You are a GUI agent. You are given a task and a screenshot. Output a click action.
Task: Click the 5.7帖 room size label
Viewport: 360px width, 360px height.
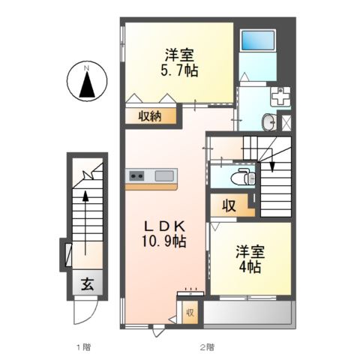point(179,71)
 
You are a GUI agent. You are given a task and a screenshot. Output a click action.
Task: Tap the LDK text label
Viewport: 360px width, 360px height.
point(165,226)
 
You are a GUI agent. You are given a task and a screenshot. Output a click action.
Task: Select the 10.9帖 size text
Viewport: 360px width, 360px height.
point(164,241)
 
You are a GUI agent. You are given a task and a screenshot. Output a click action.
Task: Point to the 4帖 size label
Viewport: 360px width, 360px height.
point(250,267)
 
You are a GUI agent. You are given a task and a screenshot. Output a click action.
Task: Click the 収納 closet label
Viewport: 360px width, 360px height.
point(150,116)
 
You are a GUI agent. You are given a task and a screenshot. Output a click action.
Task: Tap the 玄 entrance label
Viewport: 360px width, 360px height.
point(88,284)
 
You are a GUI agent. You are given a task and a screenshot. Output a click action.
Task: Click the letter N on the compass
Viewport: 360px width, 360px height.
point(86,67)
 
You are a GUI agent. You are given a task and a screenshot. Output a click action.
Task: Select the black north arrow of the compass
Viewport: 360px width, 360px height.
point(87,85)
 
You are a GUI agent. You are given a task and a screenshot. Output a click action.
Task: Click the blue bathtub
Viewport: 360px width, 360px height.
point(258,40)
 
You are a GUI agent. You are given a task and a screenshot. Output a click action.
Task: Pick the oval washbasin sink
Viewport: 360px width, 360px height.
point(269,122)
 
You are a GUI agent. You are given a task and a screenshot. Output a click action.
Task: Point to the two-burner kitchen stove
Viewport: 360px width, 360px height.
point(136,176)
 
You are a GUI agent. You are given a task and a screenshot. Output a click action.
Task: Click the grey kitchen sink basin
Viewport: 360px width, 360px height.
point(164,176)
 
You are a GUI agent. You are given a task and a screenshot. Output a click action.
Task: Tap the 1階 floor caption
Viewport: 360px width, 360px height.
point(84,347)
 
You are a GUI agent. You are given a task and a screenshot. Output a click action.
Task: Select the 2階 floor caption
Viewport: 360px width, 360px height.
point(207,347)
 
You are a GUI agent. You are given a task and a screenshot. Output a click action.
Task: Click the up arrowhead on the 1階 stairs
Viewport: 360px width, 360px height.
point(85,196)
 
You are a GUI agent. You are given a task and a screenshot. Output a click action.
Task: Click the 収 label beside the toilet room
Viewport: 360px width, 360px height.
point(229,206)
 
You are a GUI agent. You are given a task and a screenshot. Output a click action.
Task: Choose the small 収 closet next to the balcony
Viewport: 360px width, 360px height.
point(190,313)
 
